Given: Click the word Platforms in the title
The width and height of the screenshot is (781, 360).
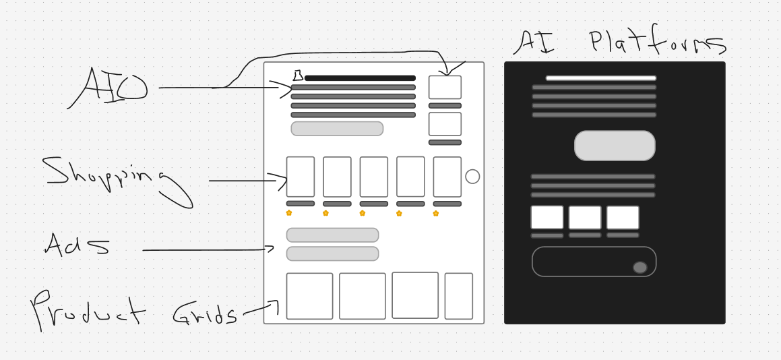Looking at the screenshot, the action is click(x=658, y=40).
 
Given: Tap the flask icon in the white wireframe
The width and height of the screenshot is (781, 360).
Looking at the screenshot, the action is click(x=298, y=76).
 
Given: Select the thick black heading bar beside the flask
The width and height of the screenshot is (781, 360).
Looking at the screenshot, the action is click(x=360, y=78).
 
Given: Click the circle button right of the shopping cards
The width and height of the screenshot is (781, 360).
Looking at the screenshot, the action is click(x=472, y=177).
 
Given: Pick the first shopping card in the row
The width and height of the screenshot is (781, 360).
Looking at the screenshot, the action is click(x=301, y=177).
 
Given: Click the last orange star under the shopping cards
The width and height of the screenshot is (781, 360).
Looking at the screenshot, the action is click(x=436, y=214).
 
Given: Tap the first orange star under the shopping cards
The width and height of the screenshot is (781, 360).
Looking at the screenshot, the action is click(x=289, y=213).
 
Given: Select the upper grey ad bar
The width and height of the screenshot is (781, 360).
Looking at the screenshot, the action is click(x=332, y=235).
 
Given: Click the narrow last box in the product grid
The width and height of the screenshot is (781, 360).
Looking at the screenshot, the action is click(x=459, y=296).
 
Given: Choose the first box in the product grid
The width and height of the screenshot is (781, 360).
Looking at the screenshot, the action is click(x=309, y=296).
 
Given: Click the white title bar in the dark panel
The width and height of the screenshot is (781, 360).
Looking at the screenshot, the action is click(x=601, y=78).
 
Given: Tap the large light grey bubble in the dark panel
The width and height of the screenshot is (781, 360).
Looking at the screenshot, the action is click(x=615, y=146).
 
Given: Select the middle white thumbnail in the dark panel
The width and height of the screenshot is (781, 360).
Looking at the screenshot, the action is click(x=585, y=218).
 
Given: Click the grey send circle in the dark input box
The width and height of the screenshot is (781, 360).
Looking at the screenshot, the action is click(x=640, y=268).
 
